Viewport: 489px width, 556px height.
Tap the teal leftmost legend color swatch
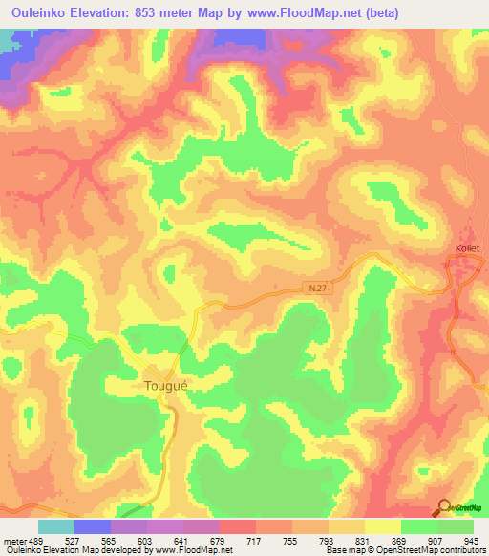pos(56,526)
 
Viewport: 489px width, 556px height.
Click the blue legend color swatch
pos(93,526)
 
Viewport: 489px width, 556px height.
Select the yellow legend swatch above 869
pos(383,526)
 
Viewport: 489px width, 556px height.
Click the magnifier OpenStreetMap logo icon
pos(445,508)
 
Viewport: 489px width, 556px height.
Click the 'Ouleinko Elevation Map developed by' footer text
pos(65,550)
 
